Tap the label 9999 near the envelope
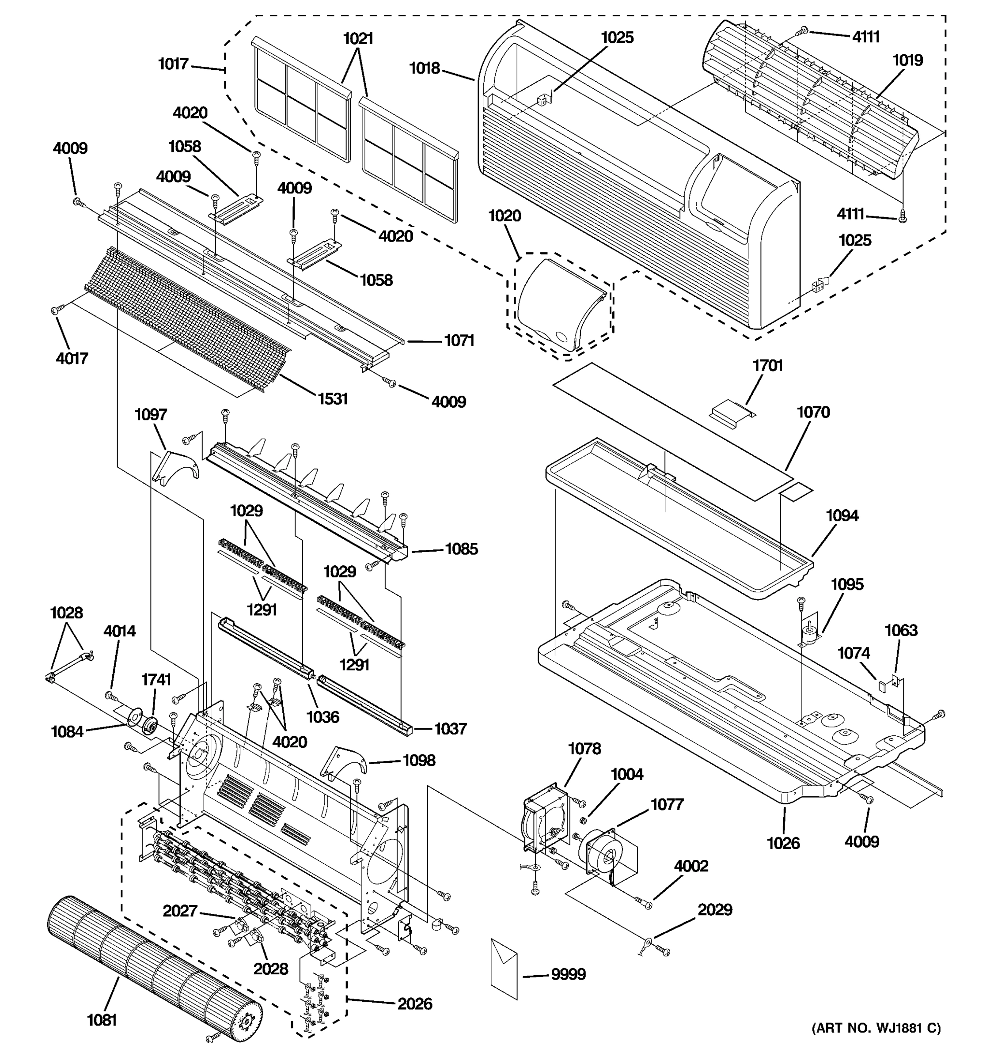coord(568,974)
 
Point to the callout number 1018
coord(425,68)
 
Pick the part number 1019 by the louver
coord(907,60)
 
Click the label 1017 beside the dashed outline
coord(173,64)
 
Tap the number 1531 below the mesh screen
coord(332,398)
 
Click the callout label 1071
coord(459,340)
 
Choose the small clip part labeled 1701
coord(732,412)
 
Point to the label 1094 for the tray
coord(842,515)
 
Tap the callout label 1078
coord(584,749)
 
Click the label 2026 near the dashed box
coord(414,1004)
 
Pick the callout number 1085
coord(461,549)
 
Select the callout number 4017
coord(72,358)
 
